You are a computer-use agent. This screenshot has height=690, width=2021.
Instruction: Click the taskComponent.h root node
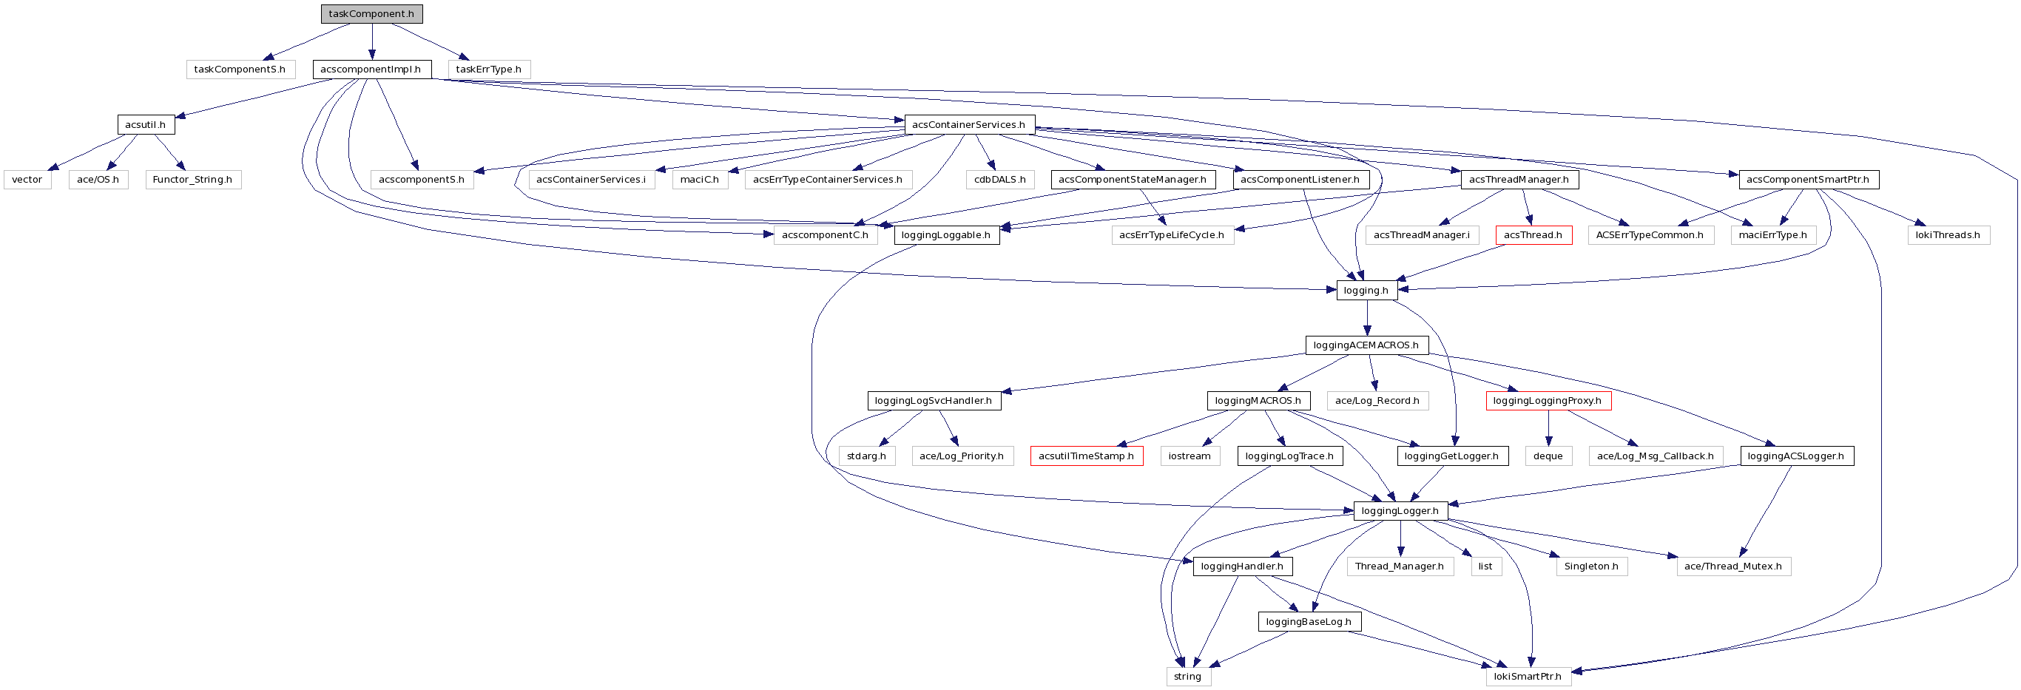click(x=371, y=14)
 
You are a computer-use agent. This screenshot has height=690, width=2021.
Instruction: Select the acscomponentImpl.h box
click(x=371, y=70)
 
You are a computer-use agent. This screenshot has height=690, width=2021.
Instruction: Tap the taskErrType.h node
click(x=489, y=70)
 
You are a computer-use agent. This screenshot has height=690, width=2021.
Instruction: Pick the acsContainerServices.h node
click(x=968, y=125)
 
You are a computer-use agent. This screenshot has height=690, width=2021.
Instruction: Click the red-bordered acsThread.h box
click(x=1533, y=235)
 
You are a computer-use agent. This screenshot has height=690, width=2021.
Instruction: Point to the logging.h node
click(x=1366, y=291)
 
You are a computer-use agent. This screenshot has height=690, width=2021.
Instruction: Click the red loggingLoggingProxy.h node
click(x=1548, y=402)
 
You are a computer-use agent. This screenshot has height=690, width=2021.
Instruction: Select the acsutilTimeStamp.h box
click(x=1086, y=456)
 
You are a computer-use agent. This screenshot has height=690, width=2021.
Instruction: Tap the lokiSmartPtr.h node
click(x=1528, y=677)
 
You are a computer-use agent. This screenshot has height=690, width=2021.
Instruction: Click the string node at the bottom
click(x=1188, y=677)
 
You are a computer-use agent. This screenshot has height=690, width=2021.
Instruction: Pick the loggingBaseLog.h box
click(x=1309, y=622)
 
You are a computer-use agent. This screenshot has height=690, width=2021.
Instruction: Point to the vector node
click(x=27, y=180)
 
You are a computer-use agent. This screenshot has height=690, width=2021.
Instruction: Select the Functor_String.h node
click(x=192, y=180)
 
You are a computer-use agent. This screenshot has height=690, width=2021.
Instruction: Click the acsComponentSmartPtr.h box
click(x=1809, y=180)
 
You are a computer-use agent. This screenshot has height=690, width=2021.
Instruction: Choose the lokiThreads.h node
click(x=1948, y=235)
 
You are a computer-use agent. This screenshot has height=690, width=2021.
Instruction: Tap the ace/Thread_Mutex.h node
click(x=1733, y=566)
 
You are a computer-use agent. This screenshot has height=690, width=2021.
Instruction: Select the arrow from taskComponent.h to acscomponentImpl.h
click(x=372, y=41)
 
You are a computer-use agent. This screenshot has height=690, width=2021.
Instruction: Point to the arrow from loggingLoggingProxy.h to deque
click(x=1548, y=428)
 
